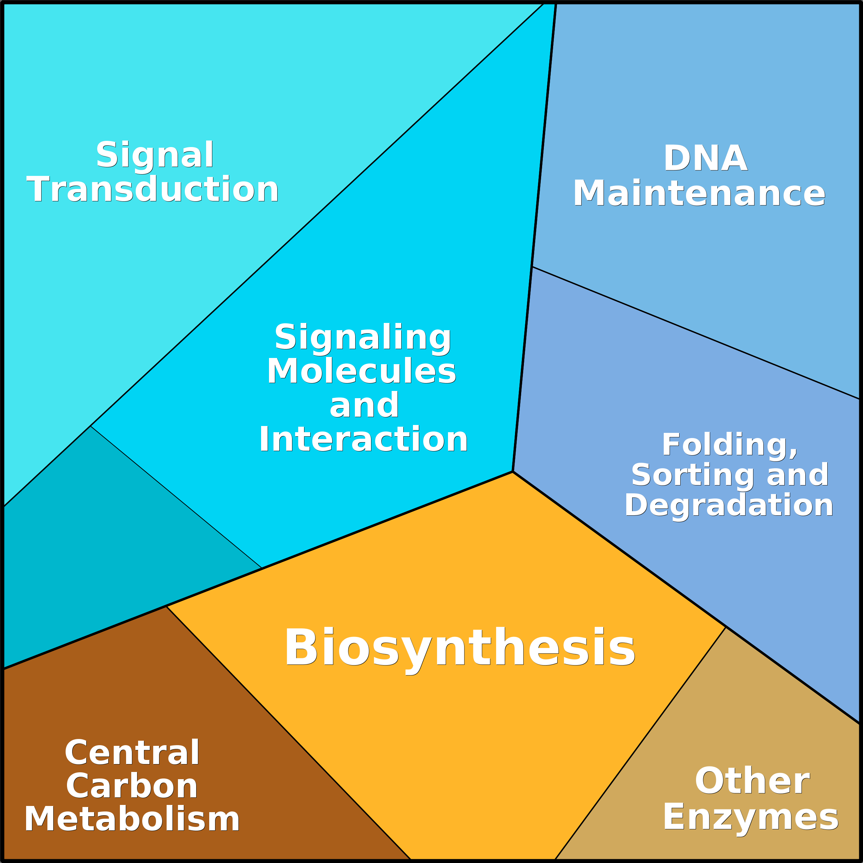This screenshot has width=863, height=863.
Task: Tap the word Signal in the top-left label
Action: (x=155, y=155)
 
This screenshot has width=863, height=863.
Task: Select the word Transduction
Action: (x=153, y=189)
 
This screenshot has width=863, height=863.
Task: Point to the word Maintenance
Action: (x=699, y=193)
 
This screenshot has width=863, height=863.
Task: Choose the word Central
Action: (x=132, y=753)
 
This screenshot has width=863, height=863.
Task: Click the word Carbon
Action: (x=132, y=787)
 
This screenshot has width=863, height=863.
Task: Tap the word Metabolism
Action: (x=132, y=820)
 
